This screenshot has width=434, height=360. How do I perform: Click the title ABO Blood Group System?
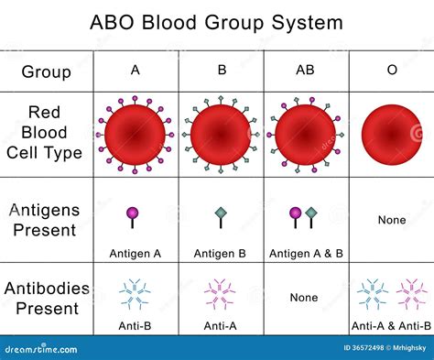(x=217, y=22)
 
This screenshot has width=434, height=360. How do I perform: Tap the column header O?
(x=392, y=70)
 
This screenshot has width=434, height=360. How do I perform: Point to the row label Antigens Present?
(x=44, y=220)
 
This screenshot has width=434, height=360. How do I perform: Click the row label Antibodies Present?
(x=46, y=300)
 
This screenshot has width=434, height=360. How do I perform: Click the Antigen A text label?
(x=136, y=251)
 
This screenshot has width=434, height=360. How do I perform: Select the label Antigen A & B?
(x=305, y=251)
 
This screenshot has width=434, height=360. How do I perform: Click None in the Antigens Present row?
(x=392, y=220)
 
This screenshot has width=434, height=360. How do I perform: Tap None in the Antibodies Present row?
(x=304, y=298)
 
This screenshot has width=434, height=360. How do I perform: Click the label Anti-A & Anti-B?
(x=392, y=326)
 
